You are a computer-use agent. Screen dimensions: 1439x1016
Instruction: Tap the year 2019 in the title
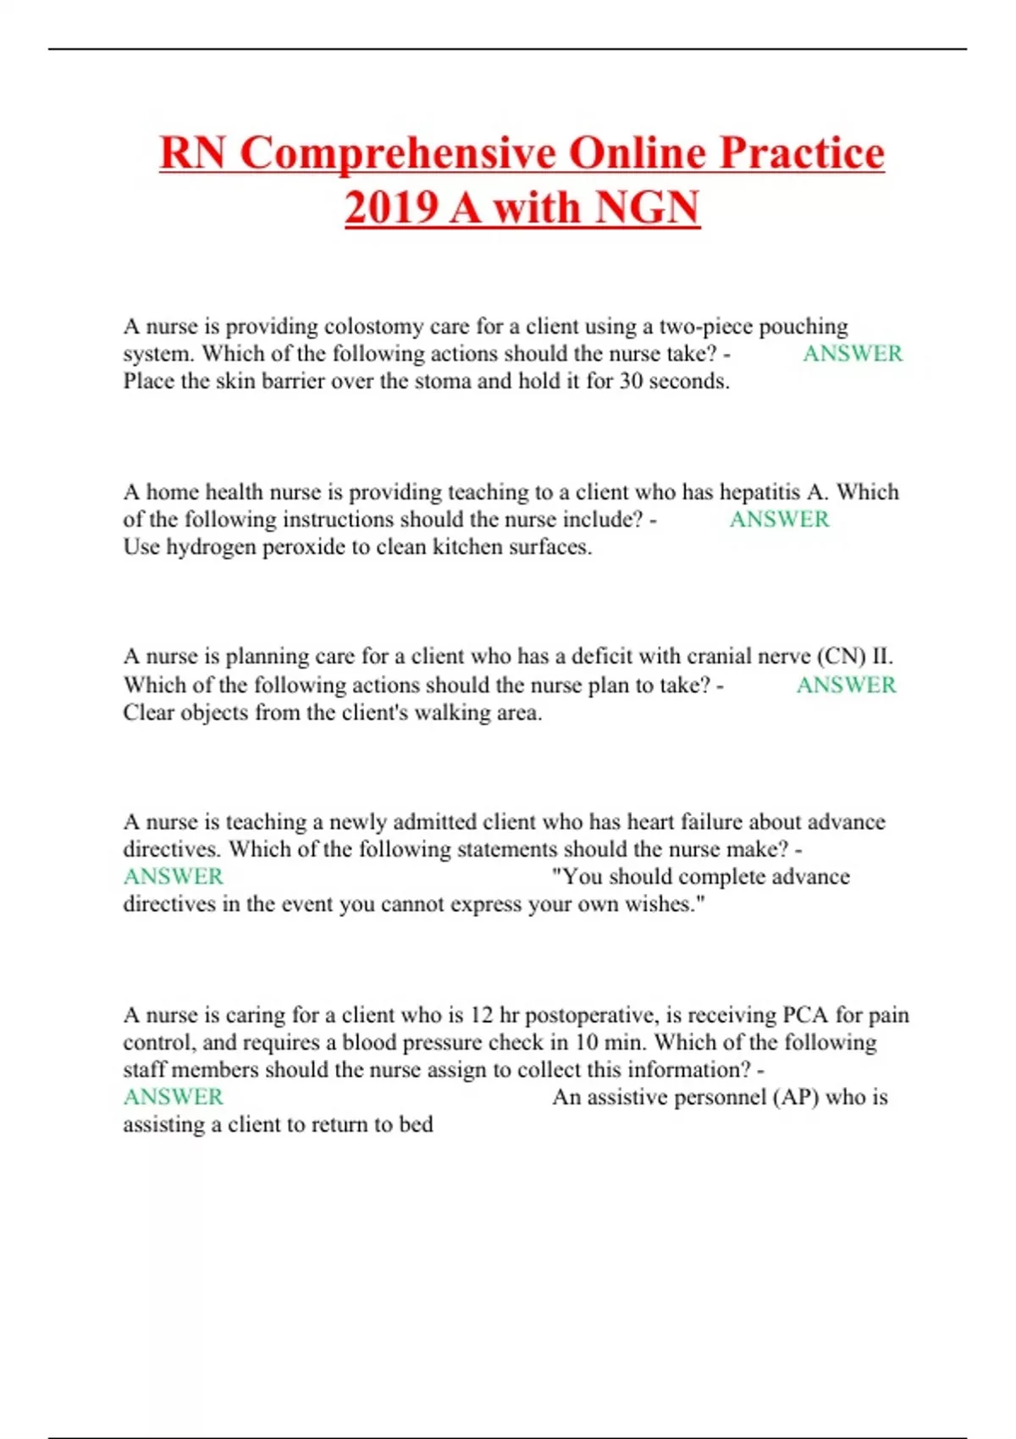[x=390, y=207]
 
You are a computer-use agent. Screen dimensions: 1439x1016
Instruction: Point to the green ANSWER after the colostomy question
[x=852, y=354]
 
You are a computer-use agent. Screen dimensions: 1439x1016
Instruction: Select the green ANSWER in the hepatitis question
[x=779, y=519]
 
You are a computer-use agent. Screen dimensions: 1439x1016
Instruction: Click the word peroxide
[x=302, y=547]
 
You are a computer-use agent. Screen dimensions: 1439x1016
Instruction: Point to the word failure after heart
[x=719, y=822]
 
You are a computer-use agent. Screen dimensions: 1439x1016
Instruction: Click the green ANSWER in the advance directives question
[x=173, y=876]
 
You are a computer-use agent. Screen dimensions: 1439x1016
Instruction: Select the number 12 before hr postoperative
[x=481, y=1015]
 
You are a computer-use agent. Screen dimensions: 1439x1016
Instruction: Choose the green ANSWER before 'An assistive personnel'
[x=173, y=1097]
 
